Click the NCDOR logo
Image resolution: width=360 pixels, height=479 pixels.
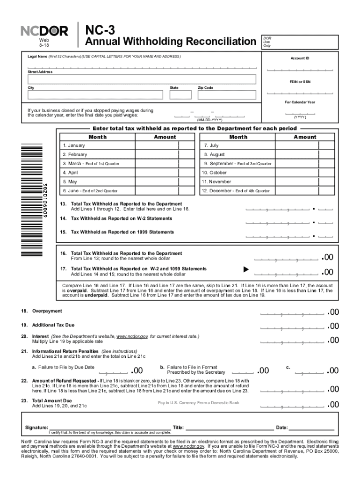(44, 31)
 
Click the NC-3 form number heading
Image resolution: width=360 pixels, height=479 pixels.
(100, 30)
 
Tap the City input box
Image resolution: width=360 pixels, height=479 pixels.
(95, 95)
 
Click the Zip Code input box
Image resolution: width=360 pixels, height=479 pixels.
(227, 95)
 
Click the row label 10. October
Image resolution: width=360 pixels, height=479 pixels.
(215, 173)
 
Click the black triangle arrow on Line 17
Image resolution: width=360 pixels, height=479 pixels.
(245, 270)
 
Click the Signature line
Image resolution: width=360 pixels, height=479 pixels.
(109, 427)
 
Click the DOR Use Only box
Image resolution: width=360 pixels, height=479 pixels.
(300, 42)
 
